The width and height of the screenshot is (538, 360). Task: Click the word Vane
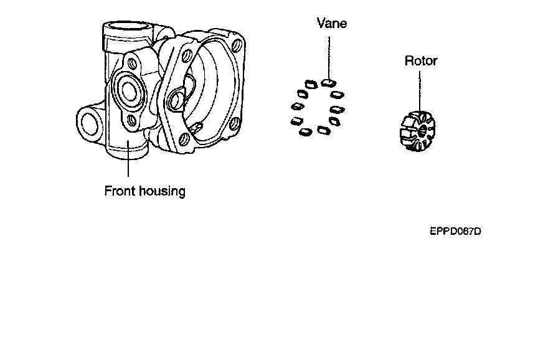[331, 24]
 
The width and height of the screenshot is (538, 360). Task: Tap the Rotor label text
[421, 61]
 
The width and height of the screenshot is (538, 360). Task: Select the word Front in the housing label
[119, 191]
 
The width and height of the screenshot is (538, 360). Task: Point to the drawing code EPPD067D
[455, 231]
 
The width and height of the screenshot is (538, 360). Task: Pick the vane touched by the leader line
[330, 82]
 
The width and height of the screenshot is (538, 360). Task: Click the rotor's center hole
[422, 130]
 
